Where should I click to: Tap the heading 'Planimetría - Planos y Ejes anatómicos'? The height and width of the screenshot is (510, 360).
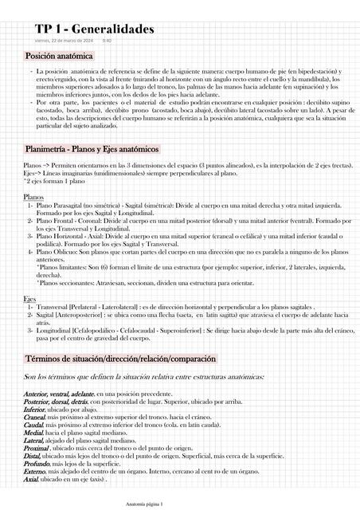(92, 149)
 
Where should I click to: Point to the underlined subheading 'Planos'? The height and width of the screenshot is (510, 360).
(33, 196)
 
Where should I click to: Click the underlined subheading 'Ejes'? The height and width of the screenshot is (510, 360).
(30, 298)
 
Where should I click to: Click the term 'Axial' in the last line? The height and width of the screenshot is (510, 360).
(31, 480)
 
